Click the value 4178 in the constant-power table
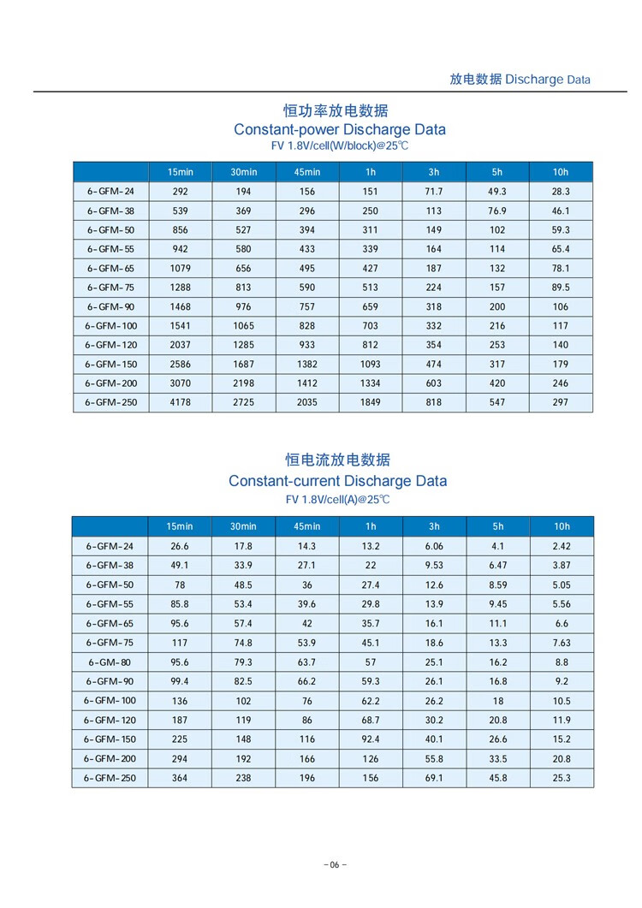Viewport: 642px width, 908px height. point(180,402)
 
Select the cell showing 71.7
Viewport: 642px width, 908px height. point(434,192)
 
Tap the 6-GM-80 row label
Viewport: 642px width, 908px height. point(110,662)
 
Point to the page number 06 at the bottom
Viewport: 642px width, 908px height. point(335,864)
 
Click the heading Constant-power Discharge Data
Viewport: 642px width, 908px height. point(340,130)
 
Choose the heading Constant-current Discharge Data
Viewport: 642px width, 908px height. point(337,481)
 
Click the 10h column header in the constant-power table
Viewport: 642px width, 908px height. point(561,172)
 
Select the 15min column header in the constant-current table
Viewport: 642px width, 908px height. point(180,526)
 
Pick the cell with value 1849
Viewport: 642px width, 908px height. point(370,402)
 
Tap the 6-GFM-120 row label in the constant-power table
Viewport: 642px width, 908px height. point(110,345)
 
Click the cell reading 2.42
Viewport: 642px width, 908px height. point(561,546)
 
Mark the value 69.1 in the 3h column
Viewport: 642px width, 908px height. point(434,778)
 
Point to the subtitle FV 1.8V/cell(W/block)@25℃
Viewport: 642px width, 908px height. point(340,146)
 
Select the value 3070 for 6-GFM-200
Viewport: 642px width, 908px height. point(180,383)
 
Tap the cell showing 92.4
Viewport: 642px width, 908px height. point(370,739)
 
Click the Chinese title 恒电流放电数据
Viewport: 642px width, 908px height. point(337,461)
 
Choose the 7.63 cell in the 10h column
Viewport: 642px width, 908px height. point(561,643)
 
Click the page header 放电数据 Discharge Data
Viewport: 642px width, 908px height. point(520,80)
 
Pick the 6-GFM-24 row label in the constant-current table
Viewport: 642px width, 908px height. point(110,546)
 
